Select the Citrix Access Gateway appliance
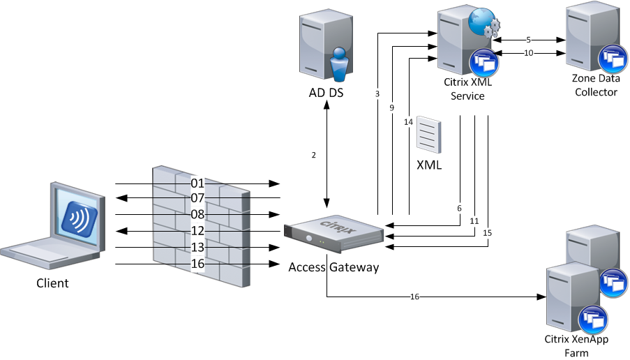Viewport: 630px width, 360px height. click(334, 234)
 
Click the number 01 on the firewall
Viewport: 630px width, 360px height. click(197, 183)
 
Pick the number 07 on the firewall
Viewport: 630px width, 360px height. click(197, 198)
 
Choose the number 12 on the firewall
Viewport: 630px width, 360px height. click(197, 231)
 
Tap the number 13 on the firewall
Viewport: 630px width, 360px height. click(197, 248)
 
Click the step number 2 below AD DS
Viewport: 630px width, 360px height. click(314, 155)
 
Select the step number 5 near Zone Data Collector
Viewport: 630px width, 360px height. click(529, 40)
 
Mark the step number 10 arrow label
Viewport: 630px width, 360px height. click(529, 53)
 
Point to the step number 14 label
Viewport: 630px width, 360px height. click(408, 122)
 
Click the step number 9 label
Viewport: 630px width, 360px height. click(392, 108)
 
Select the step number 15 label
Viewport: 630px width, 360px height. click(486, 232)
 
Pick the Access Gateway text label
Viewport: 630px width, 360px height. click(333, 267)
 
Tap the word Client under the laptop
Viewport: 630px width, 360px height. click(53, 283)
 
